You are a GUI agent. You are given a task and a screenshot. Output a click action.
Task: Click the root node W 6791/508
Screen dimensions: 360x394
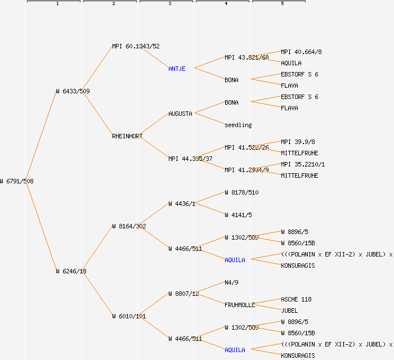coord(17,181)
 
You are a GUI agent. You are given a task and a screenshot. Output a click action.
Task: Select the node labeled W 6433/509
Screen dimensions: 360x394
coord(73,91)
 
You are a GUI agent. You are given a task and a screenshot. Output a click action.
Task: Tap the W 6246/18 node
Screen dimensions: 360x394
coord(71,271)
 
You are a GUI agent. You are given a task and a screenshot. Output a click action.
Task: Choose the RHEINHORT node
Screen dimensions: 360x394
coord(127,136)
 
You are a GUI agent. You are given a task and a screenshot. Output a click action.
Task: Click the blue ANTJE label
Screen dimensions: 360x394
coord(177,69)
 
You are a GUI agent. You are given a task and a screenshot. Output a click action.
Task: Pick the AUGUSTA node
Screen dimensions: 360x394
coord(180,114)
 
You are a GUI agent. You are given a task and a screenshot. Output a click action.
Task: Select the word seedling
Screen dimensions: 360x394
coord(238,125)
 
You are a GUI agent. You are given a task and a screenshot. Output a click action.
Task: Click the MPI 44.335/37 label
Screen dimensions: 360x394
coord(190,159)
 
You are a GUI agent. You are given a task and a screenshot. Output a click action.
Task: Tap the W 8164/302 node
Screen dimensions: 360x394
coord(129,226)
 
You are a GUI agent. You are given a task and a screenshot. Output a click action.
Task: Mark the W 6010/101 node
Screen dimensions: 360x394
coord(129,316)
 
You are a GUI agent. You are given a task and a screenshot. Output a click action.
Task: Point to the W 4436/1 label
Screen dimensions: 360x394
coord(182,204)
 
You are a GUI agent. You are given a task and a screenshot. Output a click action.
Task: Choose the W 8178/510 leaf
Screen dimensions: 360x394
coord(241,192)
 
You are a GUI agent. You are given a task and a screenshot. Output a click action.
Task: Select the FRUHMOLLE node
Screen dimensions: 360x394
coord(240,305)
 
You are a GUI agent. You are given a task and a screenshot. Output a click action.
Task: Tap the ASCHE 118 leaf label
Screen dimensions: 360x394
coord(296,299)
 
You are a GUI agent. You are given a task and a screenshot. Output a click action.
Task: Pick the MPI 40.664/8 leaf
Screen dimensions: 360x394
coord(301,52)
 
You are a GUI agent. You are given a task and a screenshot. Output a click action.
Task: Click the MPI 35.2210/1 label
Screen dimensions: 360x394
coord(303,164)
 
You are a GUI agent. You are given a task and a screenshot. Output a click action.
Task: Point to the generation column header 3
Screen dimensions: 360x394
coord(169,4)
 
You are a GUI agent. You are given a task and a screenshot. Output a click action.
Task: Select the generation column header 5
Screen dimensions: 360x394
coord(282,4)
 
